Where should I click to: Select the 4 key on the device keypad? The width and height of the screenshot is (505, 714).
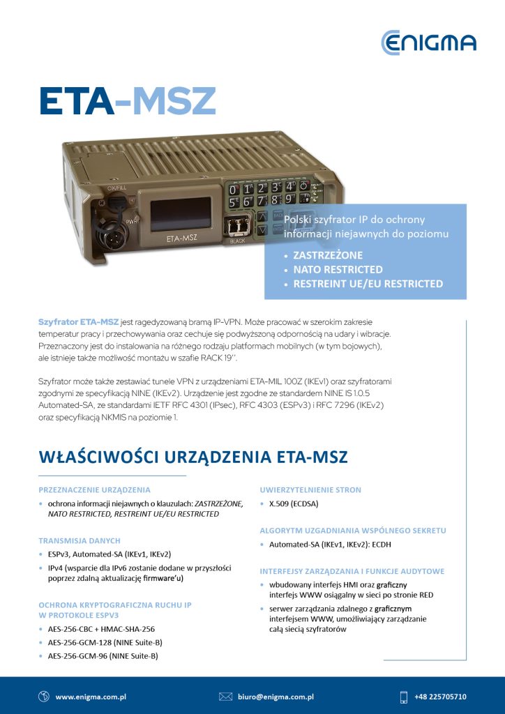pos(290,185)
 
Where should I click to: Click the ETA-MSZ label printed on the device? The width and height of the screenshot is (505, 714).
pos(176,238)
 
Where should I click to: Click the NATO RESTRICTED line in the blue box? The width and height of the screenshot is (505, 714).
pos(338,269)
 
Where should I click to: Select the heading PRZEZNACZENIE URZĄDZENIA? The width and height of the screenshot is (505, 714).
pos(94,489)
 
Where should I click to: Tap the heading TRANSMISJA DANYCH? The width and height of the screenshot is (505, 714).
pos(80,540)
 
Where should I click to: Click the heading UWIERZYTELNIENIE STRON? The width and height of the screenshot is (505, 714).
pos(310,489)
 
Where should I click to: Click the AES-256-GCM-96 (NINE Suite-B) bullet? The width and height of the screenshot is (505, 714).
pos(103,656)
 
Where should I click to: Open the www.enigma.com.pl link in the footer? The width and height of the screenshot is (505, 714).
pos(90,697)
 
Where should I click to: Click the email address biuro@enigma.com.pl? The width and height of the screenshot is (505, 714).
pos(276,697)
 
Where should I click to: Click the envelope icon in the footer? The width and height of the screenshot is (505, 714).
pos(225,697)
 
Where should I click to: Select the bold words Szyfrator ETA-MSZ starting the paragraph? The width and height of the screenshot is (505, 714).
pos(77,323)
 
